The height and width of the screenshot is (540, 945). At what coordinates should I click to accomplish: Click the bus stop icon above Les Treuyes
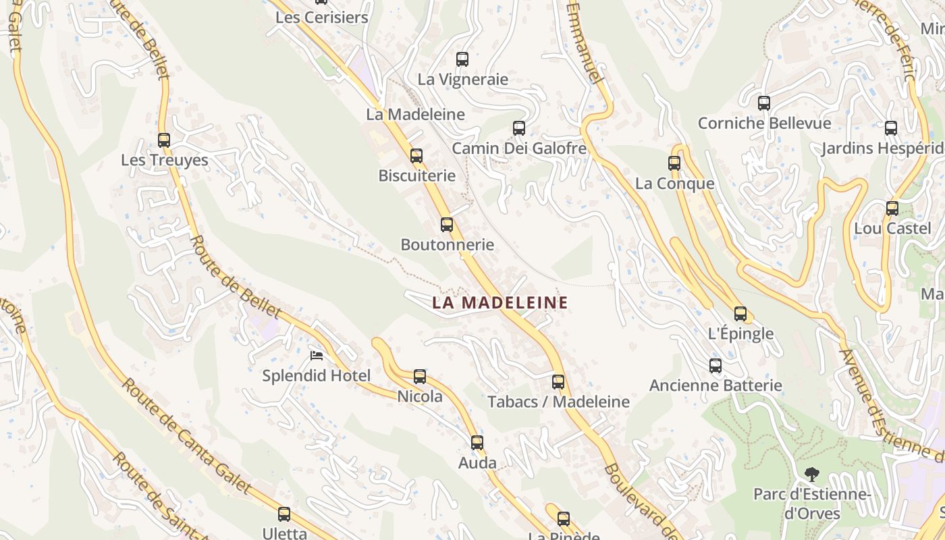(164, 140)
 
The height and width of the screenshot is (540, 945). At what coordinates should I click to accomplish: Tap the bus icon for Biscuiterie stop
(416, 156)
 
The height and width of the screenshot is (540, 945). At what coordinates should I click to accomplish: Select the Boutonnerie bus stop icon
(447, 225)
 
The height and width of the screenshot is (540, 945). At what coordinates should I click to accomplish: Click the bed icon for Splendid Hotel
(317, 356)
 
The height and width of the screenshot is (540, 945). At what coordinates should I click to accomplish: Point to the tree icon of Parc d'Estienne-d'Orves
(813, 475)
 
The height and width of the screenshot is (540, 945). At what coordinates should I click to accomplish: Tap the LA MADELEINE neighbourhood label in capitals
(500, 303)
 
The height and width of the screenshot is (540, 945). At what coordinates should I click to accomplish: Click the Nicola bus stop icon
(420, 377)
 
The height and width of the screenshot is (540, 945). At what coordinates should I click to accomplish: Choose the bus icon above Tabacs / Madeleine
(558, 382)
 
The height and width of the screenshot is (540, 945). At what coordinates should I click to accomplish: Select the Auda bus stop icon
(477, 443)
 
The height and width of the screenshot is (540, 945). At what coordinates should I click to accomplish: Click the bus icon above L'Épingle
(740, 314)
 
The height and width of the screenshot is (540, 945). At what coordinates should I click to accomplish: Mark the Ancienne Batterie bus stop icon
(715, 366)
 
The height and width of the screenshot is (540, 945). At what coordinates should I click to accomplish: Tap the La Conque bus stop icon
(674, 163)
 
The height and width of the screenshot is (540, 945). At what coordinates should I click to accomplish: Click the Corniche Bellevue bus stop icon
(764, 103)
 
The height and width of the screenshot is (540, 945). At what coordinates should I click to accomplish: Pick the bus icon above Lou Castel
(892, 209)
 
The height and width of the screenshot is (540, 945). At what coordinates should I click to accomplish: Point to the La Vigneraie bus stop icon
(462, 59)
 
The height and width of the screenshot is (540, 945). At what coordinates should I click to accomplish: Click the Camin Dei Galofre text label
(519, 148)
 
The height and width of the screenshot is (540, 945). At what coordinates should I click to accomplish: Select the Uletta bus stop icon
(284, 514)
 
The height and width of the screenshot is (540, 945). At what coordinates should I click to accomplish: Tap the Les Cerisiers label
(322, 18)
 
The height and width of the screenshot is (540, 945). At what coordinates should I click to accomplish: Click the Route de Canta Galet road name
(186, 435)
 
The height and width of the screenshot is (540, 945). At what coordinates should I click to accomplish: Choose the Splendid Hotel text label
(317, 376)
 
